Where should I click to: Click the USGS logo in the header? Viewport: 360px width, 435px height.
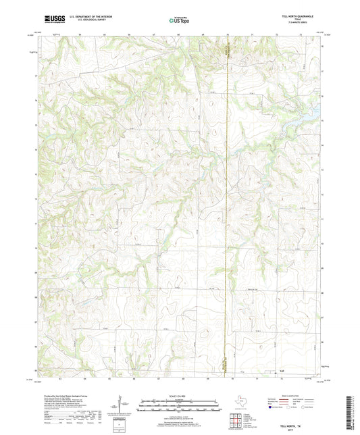click(x=51, y=20)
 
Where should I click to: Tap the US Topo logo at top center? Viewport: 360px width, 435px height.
click(x=178, y=20)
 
